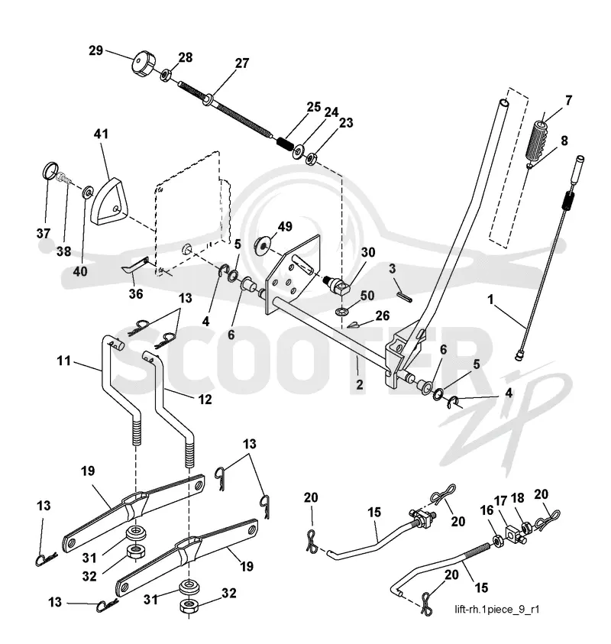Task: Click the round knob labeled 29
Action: (144, 63)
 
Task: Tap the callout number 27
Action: (242, 63)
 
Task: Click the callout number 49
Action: (285, 226)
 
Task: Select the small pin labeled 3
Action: (405, 296)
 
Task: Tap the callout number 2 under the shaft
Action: (359, 385)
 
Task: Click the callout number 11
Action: (63, 361)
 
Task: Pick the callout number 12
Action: (205, 399)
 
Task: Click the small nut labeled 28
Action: (165, 75)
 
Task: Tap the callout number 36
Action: (136, 293)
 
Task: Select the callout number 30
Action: (368, 252)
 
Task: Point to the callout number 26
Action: (383, 316)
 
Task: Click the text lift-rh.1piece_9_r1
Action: (497, 609)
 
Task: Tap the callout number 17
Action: (501, 501)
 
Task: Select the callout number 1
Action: (490, 299)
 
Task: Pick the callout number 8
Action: (564, 141)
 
